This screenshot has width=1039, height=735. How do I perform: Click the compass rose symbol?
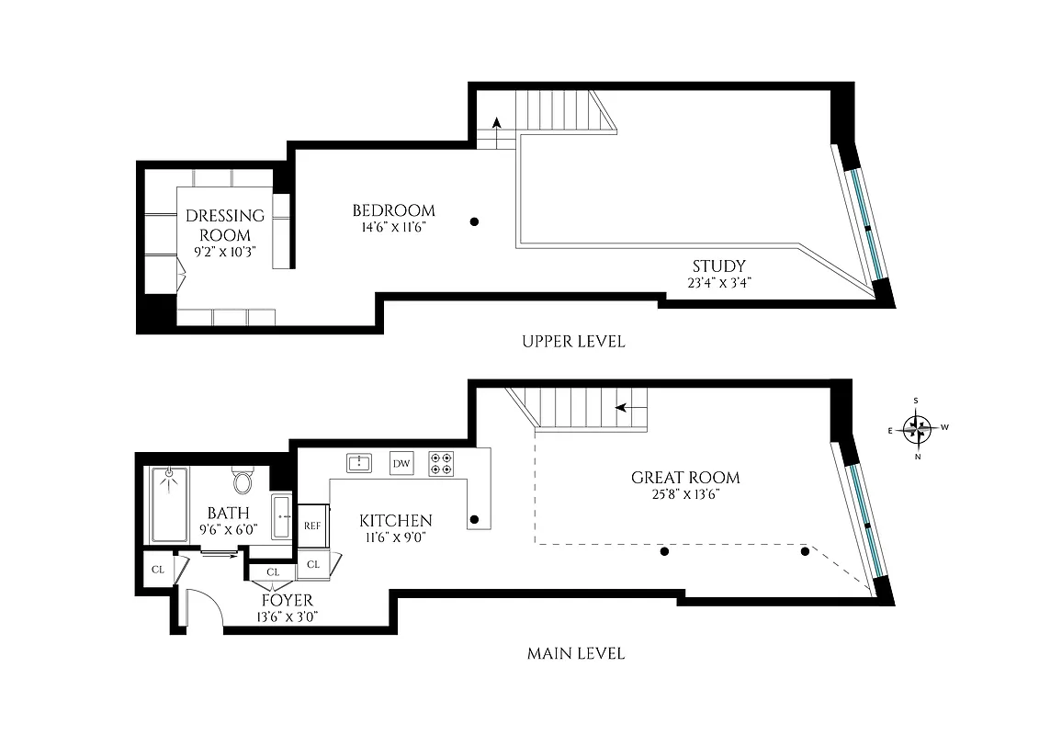pyautogui.click(x=917, y=427)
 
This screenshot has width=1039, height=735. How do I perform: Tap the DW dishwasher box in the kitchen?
pyautogui.click(x=401, y=463)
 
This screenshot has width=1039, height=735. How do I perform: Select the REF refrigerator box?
pyautogui.click(x=312, y=526)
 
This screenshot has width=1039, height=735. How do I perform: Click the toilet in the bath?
pyautogui.click(x=243, y=481)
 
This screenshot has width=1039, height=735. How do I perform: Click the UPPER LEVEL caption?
pyautogui.click(x=573, y=342)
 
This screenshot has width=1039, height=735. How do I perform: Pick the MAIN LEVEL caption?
pyautogui.click(x=575, y=654)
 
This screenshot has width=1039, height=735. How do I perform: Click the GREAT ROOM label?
pyautogui.click(x=685, y=478)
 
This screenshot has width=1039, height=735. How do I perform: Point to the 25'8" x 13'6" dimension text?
pyautogui.click(x=685, y=494)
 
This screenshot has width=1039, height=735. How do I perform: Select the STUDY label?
pyautogui.click(x=719, y=267)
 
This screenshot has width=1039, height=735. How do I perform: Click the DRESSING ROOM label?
pyautogui.click(x=225, y=225)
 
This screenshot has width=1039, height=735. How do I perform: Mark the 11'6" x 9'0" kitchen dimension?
pyautogui.click(x=395, y=538)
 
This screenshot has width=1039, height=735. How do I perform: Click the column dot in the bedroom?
pyautogui.click(x=474, y=221)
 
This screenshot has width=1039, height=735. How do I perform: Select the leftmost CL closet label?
pyautogui.click(x=158, y=570)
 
